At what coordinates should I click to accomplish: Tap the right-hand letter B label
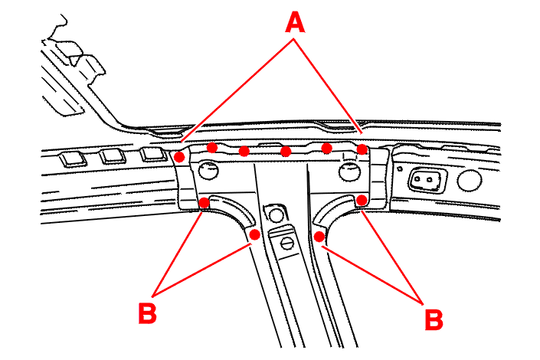coord(434,319)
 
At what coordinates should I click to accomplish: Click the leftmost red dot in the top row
coord(179,156)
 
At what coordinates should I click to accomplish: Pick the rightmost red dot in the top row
coord(362,149)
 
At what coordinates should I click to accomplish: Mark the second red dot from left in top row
coord(212,147)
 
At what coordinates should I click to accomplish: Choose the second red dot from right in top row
coord(326,147)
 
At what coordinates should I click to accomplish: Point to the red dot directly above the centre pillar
coord(286,152)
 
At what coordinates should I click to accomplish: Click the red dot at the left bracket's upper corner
coord(205,202)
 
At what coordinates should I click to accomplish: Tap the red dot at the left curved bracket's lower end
coord(254,233)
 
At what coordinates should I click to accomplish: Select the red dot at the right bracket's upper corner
coord(362,201)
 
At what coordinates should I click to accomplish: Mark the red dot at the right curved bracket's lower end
coord(319,236)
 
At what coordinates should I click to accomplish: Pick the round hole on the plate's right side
coord(349,171)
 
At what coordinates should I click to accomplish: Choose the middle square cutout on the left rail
coord(113,156)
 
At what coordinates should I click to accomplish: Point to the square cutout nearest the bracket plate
coord(152,153)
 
